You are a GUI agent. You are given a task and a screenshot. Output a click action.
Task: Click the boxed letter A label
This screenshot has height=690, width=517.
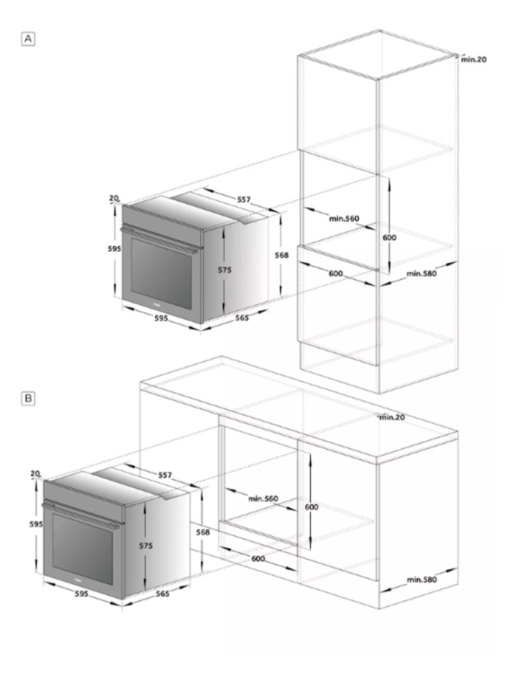[28, 39]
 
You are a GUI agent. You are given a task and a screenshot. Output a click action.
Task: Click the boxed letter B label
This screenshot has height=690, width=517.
[28, 399]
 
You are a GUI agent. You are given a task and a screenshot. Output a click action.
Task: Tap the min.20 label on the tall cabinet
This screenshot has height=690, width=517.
[474, 59]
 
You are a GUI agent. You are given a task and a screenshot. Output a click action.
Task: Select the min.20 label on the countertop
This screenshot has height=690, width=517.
[392, 417]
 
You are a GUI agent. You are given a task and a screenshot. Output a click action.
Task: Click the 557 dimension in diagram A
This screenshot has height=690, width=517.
[244, 199]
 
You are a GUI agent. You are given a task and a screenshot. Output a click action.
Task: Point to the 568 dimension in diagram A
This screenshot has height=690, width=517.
[282, 255]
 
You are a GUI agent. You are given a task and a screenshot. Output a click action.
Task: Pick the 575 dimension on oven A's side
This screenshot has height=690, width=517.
[225, 270]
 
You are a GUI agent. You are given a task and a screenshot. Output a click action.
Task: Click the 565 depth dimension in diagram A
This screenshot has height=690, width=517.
[242, 317]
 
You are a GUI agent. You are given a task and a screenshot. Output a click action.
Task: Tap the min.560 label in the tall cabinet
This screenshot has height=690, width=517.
[344, 218]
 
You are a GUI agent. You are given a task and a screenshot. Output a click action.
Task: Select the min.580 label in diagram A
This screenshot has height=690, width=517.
[422, 273]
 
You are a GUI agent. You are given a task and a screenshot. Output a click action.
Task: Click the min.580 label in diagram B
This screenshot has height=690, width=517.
[422, 580]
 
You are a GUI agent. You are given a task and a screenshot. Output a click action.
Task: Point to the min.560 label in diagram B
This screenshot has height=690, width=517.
[263, 499]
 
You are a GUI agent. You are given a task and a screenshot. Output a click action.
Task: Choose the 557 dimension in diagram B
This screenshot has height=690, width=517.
[165, 475]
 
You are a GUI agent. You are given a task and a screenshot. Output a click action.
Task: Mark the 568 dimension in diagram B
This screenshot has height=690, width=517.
[203, 532]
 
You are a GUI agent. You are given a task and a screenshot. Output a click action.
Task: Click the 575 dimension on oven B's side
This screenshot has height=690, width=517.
[146, 546]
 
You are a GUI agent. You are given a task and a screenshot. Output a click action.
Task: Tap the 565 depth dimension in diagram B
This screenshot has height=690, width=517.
[163, 593]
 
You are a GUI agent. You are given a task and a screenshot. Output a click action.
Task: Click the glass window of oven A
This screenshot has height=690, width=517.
[161, 273]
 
